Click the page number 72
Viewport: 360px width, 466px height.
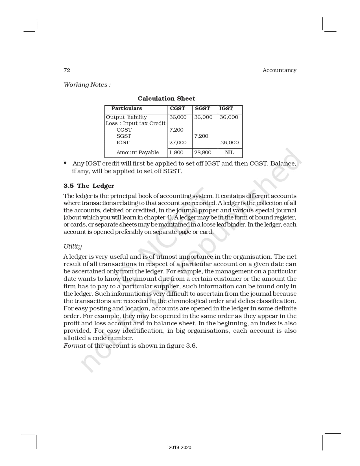coord(67,70)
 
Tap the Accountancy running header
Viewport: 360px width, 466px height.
coord(279,70)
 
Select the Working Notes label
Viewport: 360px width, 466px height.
coord(87,85)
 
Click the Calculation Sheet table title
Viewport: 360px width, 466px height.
coord(166,99)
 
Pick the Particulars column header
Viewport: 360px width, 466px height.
coord(126,108)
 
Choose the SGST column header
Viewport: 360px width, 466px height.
coord(202,108)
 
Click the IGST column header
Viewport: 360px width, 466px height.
coord(226,108)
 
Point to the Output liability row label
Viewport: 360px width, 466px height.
coord(126,117)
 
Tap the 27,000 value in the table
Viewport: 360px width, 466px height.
coord(178,143)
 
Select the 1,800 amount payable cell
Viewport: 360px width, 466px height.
coord(176,153)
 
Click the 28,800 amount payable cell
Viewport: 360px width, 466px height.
coord(203,153)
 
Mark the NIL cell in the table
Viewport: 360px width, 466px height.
coord(229,153)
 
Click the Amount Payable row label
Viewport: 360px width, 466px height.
coord(138,153)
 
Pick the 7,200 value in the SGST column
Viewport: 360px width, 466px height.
coord(201,136)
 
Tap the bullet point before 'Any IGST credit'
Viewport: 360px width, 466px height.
coord(66,163)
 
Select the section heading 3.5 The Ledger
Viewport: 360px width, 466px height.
coord(89,186)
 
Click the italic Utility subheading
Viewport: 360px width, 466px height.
coord(73,247)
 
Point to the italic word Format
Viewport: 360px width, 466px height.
coord(74,346)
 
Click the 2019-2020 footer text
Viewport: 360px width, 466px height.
coord(180,447)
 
